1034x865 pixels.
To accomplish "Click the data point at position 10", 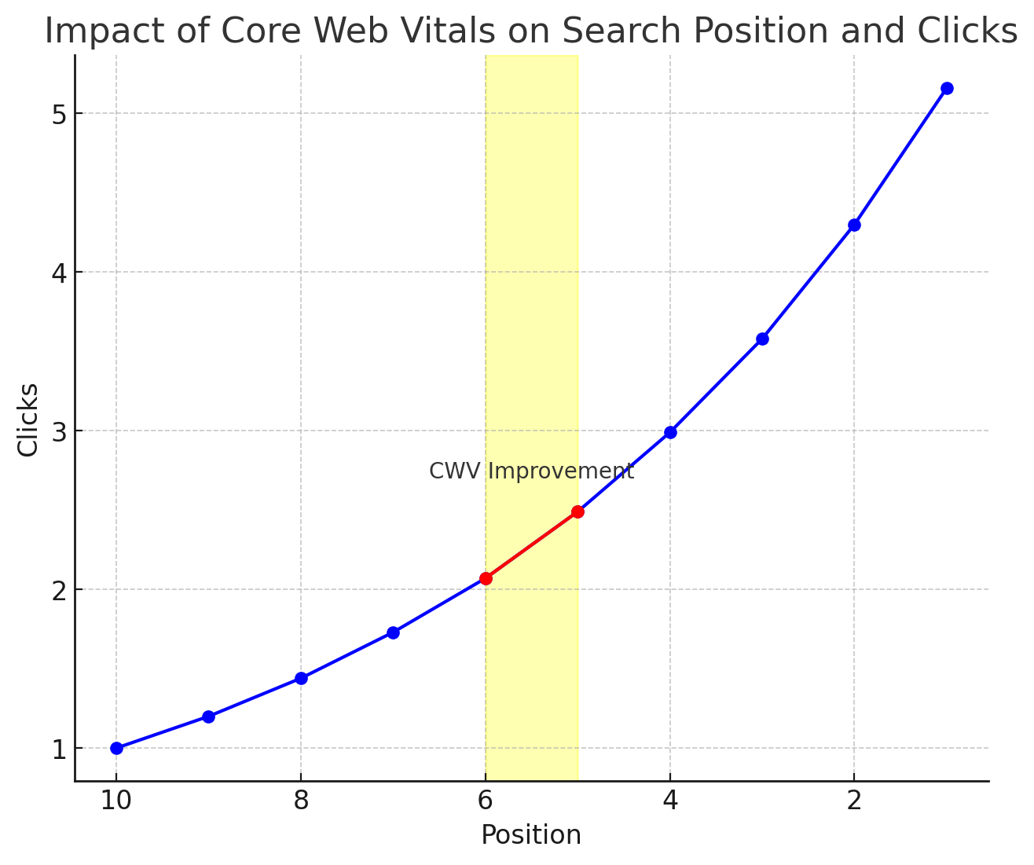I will coord(116,748).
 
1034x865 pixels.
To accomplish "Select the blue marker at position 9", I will coord(208,717).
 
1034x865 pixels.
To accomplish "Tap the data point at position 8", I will coord(301,679).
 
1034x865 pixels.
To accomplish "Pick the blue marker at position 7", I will coord(393,632).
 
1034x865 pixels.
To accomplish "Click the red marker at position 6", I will coord(486,578).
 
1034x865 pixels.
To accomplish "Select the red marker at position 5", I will coord(577,511).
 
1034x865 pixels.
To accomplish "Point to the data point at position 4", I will coord(670,432).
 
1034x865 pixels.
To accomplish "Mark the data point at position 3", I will coord(762,339).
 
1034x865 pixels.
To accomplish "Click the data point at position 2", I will coord(854,225).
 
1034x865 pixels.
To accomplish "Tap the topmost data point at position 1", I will coord(947,88).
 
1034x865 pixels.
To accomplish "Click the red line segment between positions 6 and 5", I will coord(531,545).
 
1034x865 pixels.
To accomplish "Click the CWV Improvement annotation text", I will coord(531,471).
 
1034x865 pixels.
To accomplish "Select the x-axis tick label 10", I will coord(116,801).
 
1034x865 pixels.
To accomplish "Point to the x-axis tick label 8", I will coord(301,801).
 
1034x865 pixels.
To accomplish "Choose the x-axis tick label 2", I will coord(854,801).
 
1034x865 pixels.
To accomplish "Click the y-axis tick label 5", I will coord(58,114).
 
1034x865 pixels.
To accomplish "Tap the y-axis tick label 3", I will coord(58,431).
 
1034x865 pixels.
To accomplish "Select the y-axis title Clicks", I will coord(28,419).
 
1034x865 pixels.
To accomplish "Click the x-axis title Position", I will coord(531,835).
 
